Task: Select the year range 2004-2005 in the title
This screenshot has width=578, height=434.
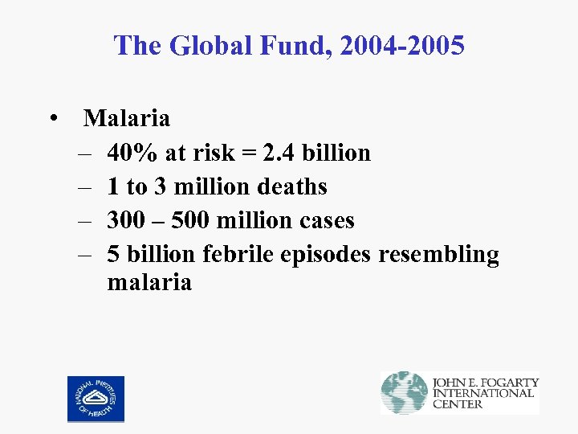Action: click(x=401, y=46)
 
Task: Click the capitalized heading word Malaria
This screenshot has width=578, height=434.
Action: click(x=127, y=119)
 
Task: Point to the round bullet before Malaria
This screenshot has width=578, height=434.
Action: click(x=52, y=120)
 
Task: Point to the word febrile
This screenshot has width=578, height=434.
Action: click(x=238, y=254)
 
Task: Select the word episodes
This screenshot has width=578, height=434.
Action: click(x=327, y=255)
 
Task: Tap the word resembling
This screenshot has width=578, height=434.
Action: click(x=438, y=255)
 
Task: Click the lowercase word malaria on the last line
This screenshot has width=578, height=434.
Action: click(x=149, y=282)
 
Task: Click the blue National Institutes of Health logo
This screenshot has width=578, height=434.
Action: click(x=96, y=399)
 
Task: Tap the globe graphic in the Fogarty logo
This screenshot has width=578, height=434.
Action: click(x=404, y=393)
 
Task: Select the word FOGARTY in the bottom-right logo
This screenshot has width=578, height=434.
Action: click(x=507, y=383)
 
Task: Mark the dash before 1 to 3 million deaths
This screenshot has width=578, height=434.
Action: click(x=84, y=187)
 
